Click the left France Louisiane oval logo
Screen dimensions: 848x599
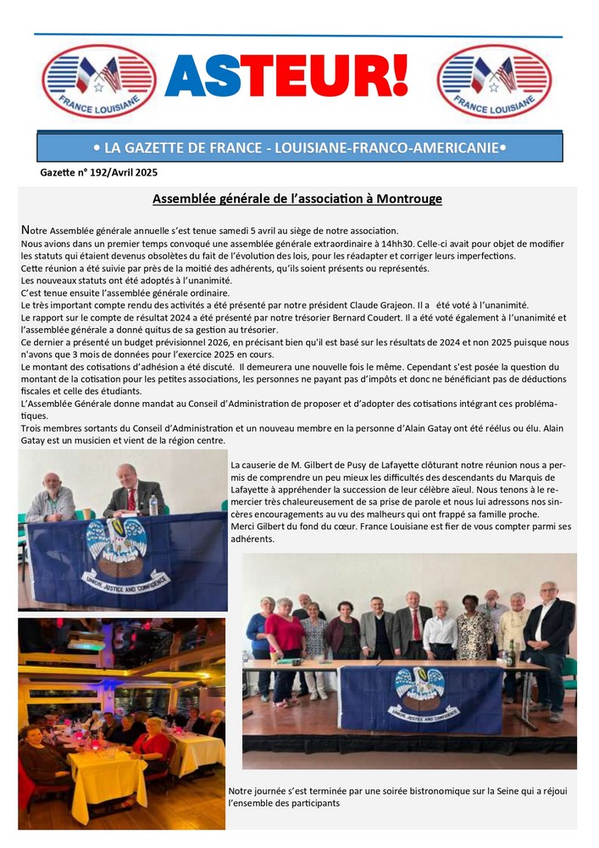99,81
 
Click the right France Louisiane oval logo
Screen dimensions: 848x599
494,81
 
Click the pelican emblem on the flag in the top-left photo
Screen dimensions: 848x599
117,543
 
